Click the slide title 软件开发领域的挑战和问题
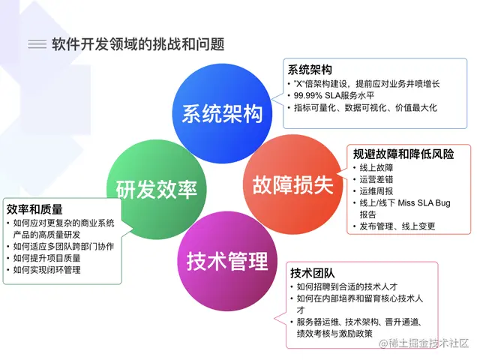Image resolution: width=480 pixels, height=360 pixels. [138, 43]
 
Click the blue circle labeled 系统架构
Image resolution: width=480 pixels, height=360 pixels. [222, 112]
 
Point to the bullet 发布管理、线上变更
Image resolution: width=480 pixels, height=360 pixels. [397, 226]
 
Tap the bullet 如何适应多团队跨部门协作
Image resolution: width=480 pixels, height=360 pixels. [63, 246]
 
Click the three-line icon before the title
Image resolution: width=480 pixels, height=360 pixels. [37, 44]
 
